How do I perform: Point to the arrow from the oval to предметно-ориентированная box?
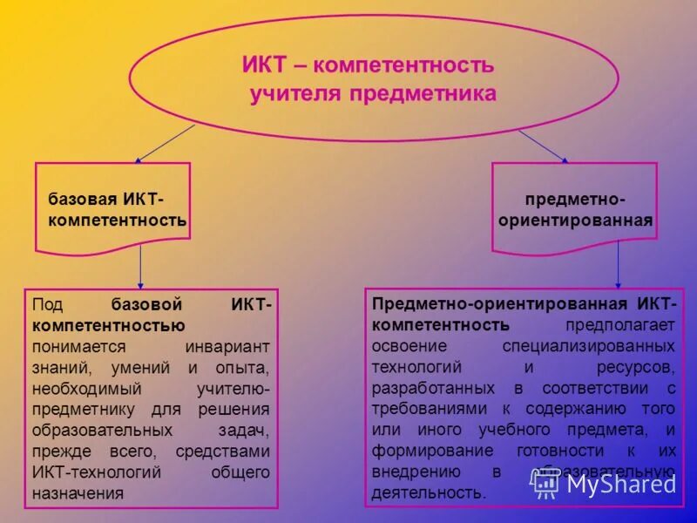(543, 146)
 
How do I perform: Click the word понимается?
(74, 347)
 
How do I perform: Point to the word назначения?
(78, 493)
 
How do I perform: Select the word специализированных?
(600, 347)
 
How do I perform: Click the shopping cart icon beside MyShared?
(546, 484)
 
